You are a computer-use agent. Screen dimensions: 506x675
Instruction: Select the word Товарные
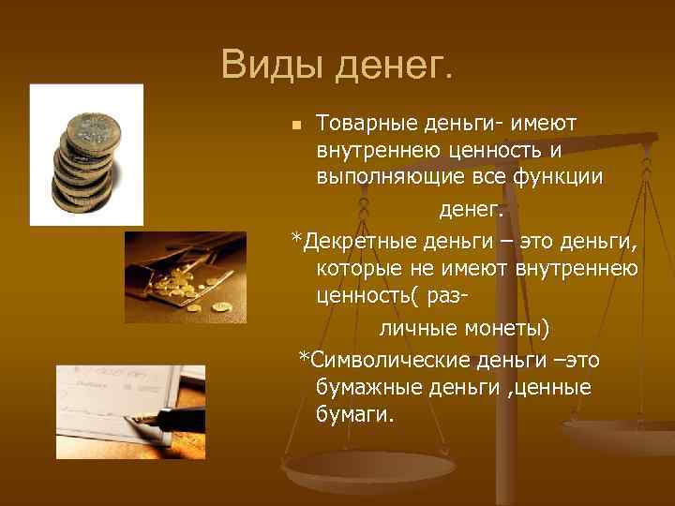tap(362, 123)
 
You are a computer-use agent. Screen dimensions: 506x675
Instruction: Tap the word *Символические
tap(385, 360)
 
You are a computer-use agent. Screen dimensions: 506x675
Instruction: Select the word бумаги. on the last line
tap(356, 413)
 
